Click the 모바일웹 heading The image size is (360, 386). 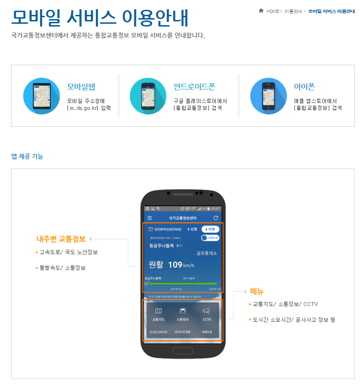coord(81,87)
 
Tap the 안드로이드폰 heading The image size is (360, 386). coord(194,87)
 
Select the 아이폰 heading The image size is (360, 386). coord(304,87)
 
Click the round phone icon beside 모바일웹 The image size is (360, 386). coord(41,96)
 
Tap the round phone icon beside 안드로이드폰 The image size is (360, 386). coord(148,96)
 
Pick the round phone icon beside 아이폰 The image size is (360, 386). coord(268,96)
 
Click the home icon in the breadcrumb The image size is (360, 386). coord(261,11)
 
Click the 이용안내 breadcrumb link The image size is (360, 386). coord(293,11)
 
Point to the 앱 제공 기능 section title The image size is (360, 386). coord(27,156)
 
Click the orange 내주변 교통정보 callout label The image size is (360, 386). coord(61,239)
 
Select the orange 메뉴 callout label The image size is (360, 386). coord(257,291)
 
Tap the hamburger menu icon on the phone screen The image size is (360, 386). coord(150,218)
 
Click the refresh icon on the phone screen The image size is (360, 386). coord(215,218)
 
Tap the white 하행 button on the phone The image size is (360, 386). coord(210,229)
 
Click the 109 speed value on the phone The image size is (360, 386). coord(175,264)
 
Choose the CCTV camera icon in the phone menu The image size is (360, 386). coord(207,311)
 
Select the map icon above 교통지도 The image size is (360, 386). coord(159,311)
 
